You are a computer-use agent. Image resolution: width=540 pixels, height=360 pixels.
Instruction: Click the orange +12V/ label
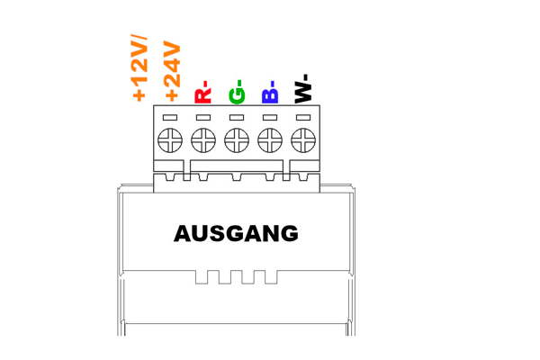pyautogui.click(x=139, y=67)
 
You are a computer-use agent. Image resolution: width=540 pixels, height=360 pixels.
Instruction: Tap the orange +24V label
pyautogui.click(x=173, y=71)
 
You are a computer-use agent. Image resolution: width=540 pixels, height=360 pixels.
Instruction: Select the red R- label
pyautogui.click(x=202, y=92)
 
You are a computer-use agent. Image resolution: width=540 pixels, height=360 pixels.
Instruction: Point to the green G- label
pyautogui.click(x=237, y=92)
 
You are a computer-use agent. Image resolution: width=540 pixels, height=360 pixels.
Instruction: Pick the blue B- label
pyautogui.click(x=270, y=92)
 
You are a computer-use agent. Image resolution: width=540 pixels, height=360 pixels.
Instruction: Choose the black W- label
pyautogui.click(x=303, y=88)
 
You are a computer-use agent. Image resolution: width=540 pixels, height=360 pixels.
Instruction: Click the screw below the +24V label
pyautogui.click(x=170, y=140)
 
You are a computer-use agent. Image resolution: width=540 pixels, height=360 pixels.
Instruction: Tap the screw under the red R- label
pyautogui.click(x=203, y=140)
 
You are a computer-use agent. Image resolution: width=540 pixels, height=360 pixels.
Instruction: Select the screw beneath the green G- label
pyautogui.click(x=237, y=140)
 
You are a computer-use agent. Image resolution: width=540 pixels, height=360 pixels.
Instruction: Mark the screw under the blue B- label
pyautogui.click(x=270, y=140)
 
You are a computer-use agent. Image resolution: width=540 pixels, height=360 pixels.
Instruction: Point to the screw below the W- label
pyautogui.click(x=303, y=140)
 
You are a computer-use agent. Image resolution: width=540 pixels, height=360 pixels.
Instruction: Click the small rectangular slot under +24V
pyautogui.click(x=170, y=118)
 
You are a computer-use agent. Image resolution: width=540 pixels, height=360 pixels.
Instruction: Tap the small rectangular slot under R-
pyautogui.click(x=203, y=118)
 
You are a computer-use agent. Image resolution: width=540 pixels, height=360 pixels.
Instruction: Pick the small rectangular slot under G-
pyautogui.click(x=237, y=118)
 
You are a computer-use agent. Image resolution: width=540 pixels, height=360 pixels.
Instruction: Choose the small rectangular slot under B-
pyautogui.click(x=270, y=118)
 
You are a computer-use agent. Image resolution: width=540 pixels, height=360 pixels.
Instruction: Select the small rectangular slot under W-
pyautogui.click(x=303, y=118)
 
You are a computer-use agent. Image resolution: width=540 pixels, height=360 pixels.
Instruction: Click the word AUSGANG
pyautogui.click(x=236, y=233)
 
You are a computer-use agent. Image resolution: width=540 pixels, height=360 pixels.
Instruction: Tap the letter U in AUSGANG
pyautogui.click(x=201, y=234)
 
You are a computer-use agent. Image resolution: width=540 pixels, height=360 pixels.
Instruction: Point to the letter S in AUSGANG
pyautogui.click(x=218, y=234)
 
